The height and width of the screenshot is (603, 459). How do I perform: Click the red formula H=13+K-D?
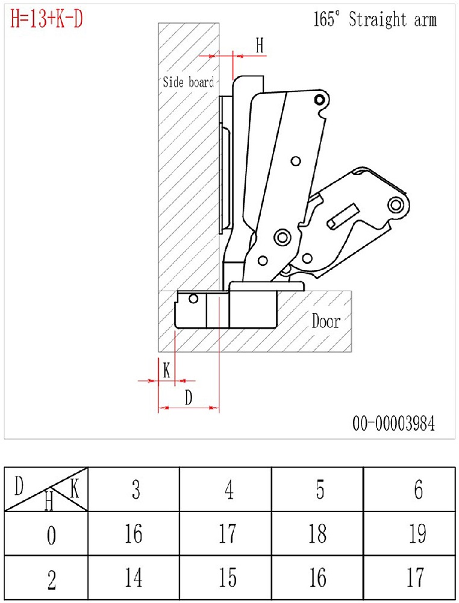point(47,19)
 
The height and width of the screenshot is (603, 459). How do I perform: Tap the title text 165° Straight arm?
point(375,20)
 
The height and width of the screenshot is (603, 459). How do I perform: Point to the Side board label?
point(188,82)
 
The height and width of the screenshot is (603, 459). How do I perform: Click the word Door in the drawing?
point(325,321)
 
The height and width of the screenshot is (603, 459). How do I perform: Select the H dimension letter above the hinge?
point(260,46)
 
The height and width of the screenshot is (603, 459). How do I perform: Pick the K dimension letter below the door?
point(166,370)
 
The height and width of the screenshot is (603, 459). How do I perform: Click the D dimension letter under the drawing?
point(189,397)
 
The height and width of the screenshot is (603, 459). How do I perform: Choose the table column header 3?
point(136,490)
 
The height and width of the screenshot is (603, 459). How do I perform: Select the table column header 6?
point(418,490)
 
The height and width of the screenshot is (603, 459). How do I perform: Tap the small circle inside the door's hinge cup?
point(193,298)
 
